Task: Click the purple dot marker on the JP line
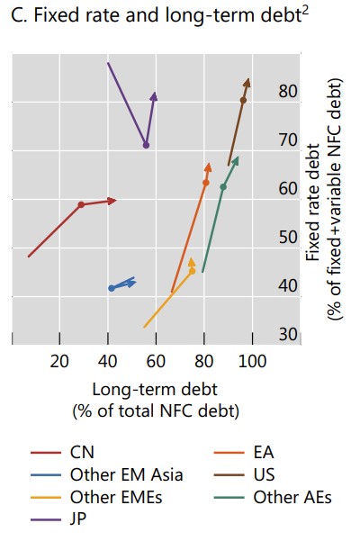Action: [146, 145]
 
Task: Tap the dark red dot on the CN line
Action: [81, 204]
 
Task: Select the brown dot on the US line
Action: [243, 100]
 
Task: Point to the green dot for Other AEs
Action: [223, 187]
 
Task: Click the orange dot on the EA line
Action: [206, 183]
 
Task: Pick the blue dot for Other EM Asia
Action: [112, 288]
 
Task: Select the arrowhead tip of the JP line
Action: [155, 92]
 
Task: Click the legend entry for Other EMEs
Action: [116, 497]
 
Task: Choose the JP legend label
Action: [78, 518]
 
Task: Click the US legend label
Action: [264, 474]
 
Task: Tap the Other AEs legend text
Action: [292, 497]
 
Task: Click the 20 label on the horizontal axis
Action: [59, 361]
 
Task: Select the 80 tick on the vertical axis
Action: [288, 92]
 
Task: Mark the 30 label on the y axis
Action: [288, 334]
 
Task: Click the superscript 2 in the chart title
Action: [305, 10]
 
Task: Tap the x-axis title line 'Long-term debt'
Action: [155, 390]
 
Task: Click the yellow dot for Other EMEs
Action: [192, 271]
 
